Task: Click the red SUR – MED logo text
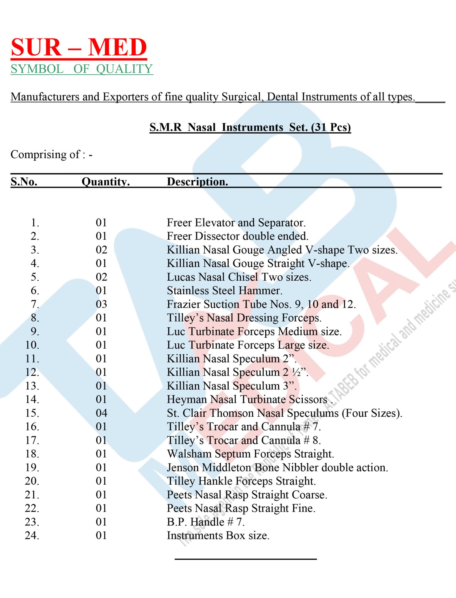(x=79, y=47)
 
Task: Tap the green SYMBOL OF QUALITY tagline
(x=82, y=69)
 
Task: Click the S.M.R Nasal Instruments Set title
(x=250, y=127)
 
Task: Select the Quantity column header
(x=105, y=181)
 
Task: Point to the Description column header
(x=197, y=181)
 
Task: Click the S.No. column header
(x=24, y=181)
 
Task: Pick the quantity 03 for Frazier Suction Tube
(x=101, y=304)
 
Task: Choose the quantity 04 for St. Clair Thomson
(x=101, y=413)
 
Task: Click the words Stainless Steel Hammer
(x=224, y=291)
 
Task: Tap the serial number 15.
(x=32, y=413)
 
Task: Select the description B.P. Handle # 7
(x=205, y=522)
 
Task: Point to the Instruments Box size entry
(x=218, y=535)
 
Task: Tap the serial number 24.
(x=32, y=535)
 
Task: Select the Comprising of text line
(x=51, y=154)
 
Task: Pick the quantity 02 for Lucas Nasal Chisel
(x=101, y=277)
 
